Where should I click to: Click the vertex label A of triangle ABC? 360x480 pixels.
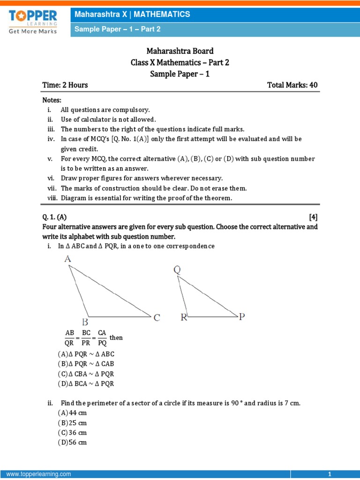67,259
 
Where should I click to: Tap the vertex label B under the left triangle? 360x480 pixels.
85,322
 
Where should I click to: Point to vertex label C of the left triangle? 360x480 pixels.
157,318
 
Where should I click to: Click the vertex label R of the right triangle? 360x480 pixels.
184,318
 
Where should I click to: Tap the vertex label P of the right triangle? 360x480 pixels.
242,317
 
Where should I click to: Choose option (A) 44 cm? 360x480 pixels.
73,413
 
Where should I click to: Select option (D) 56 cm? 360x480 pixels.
73,442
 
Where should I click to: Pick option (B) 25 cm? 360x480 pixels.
73,423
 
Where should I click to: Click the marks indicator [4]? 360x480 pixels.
313,217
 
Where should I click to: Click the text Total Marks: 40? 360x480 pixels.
292,85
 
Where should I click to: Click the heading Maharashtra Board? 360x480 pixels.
180,51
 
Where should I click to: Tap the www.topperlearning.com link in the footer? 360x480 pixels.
39,474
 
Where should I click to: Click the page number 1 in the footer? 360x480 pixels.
330,474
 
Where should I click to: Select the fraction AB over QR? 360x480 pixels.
70,337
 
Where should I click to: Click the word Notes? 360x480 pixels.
52,100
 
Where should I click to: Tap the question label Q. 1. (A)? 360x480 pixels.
54,217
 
